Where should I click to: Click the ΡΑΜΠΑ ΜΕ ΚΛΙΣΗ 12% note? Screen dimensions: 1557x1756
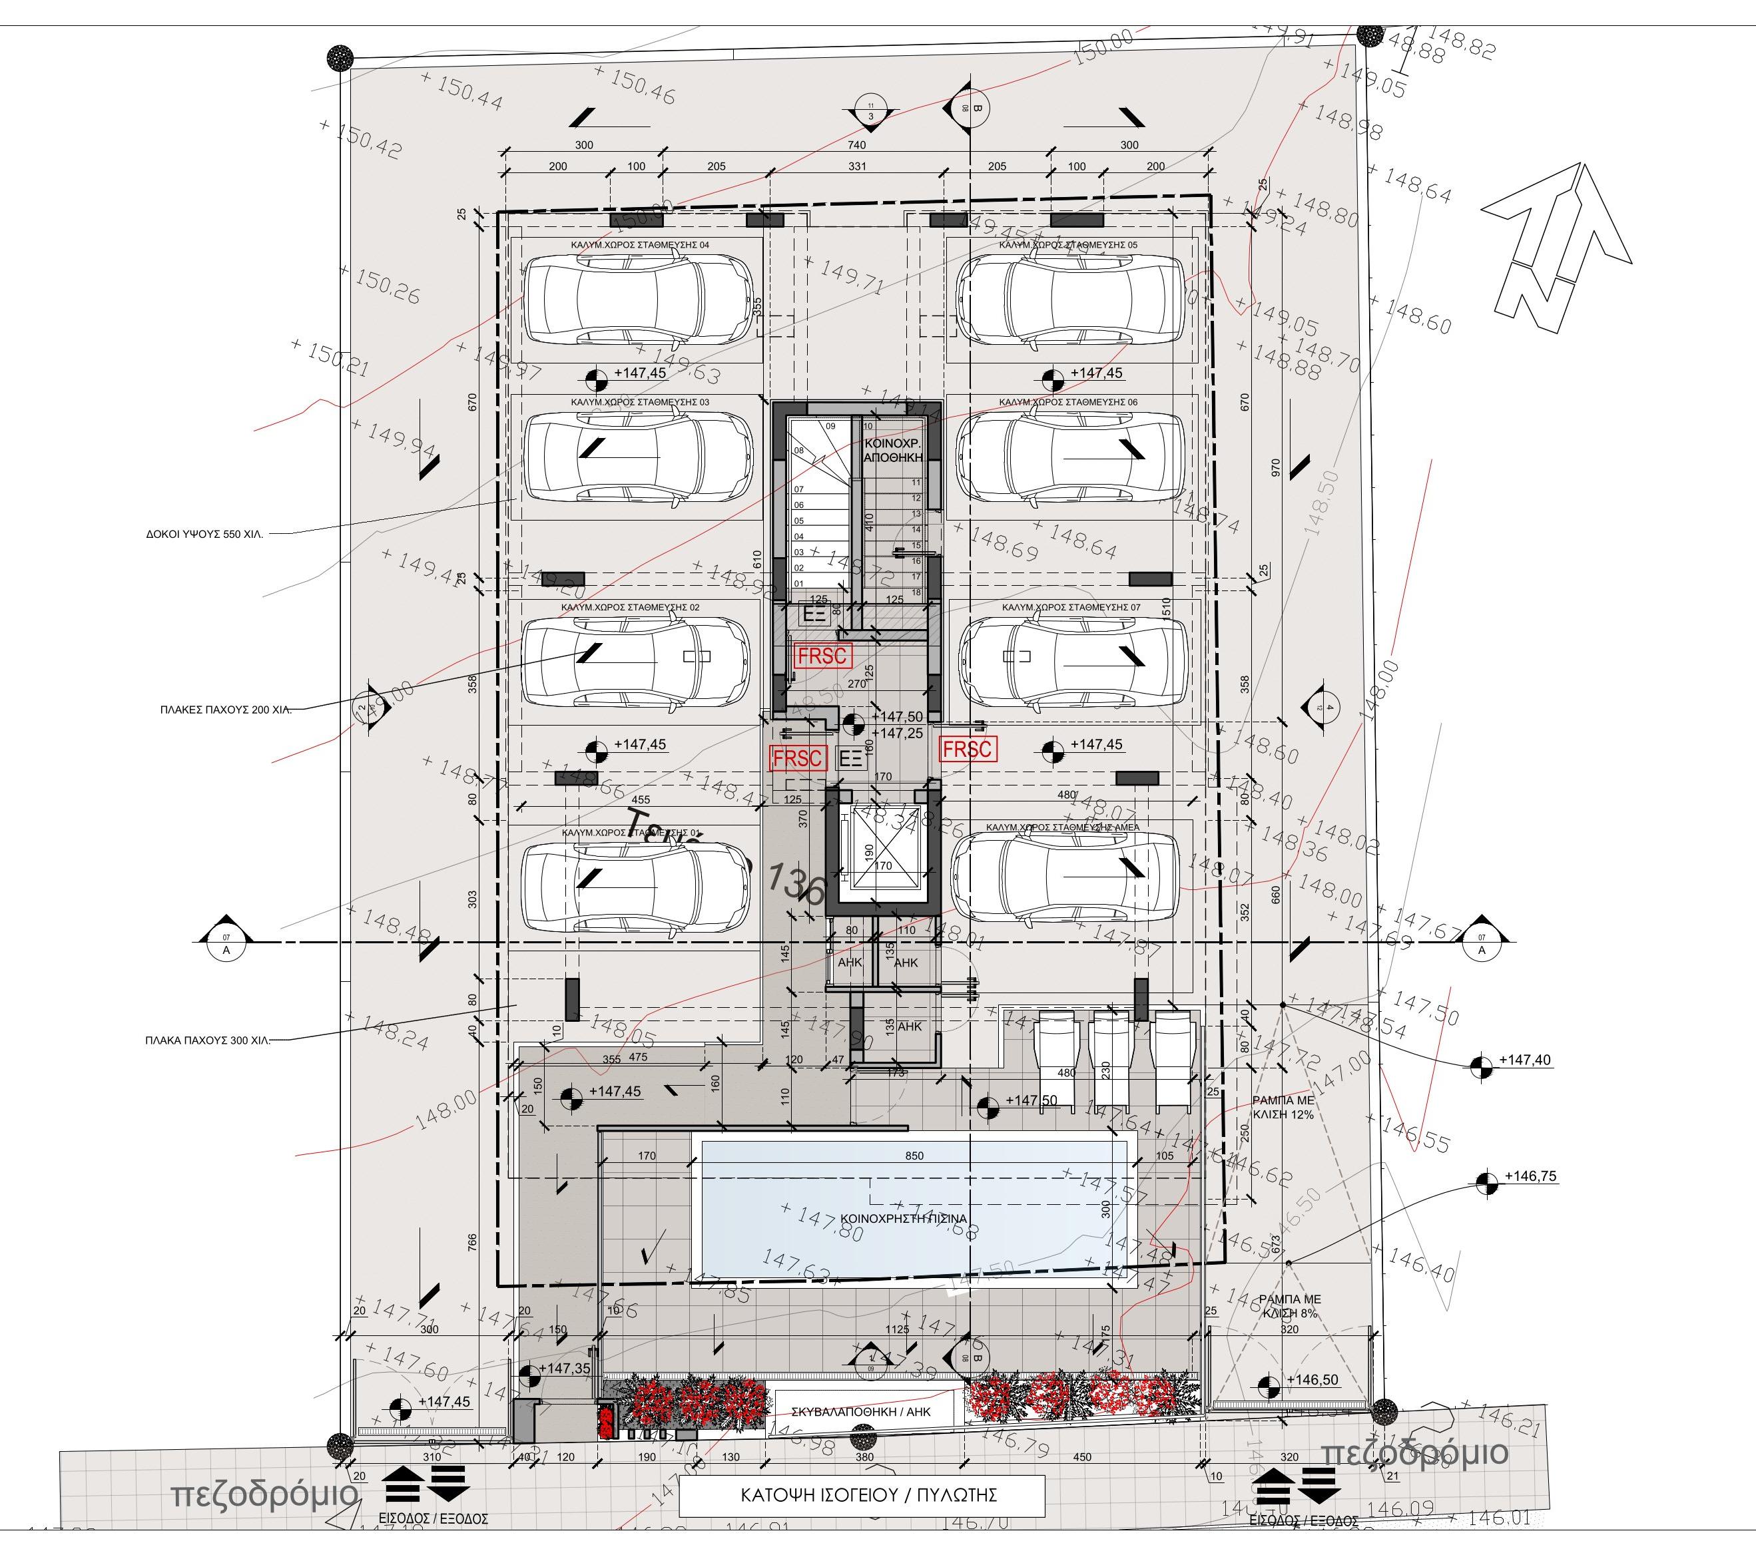(x=1283, y=1106)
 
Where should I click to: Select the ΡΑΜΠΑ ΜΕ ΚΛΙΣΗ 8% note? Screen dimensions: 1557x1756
(x=1289, y=1306)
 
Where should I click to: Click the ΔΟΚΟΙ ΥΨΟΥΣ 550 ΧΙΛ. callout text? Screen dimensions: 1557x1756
(x=204, y=533)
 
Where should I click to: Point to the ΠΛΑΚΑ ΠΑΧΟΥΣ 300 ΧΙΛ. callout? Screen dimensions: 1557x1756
(x=207, y=1040)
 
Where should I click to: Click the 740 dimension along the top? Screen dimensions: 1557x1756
(x=856, y=145)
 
